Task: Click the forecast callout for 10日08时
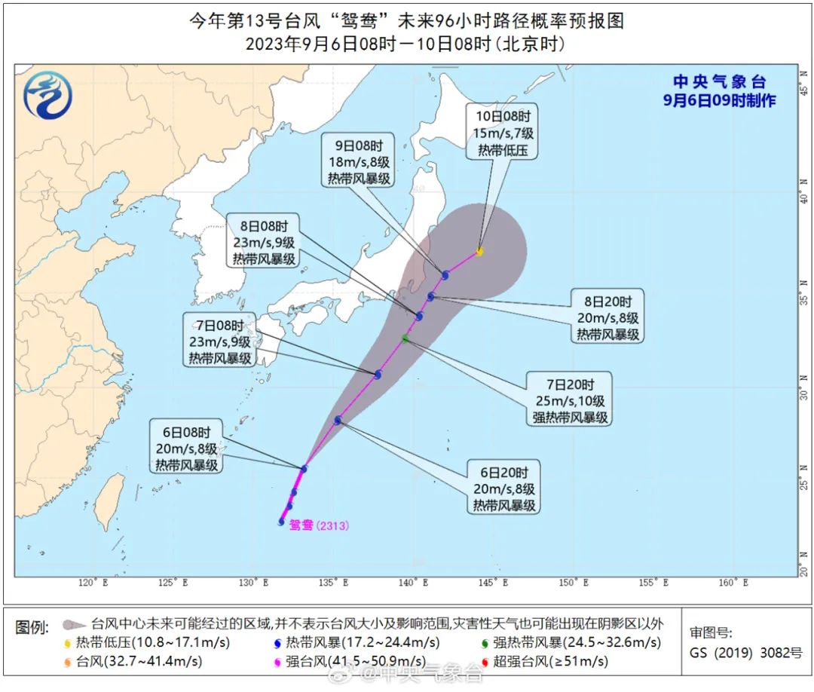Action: tap(503, 132)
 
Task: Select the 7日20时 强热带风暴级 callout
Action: tap(570, 398)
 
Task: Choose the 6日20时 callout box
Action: tap(504, 489)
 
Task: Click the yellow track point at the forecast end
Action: tap(479, 252)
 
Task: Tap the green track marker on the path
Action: tap(405, 339)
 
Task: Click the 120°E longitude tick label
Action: tap(93, 583)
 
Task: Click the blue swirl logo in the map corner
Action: tap(47, 95)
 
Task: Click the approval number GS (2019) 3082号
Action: tap(746, 654)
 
